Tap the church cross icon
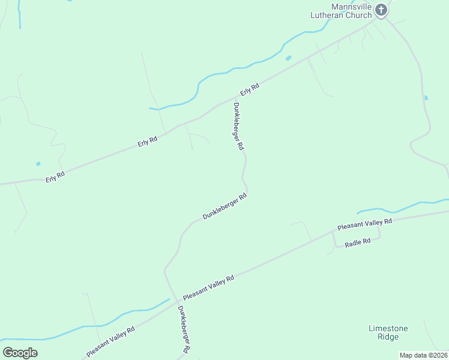380,10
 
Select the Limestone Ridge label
388,332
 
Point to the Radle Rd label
358,241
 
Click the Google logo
20,352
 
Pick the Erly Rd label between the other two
147,142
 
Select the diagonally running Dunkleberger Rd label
224,206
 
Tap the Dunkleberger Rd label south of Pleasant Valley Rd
184,329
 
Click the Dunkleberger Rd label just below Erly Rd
238,126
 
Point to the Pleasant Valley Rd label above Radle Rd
364,224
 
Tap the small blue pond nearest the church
289,58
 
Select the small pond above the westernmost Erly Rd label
38,163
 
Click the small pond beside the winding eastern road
426,97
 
